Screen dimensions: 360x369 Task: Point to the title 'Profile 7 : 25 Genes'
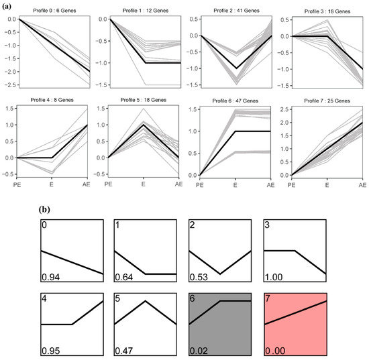tap(327, 101)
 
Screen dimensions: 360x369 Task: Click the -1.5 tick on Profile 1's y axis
tap(100, 86)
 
